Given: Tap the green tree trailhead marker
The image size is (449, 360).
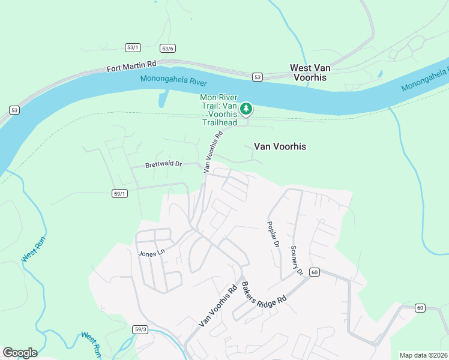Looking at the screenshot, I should (246, 109).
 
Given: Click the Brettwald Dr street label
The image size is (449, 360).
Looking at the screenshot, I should (163, 164).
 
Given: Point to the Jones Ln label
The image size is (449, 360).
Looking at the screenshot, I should (151, 254).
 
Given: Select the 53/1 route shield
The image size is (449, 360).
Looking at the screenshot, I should (133, 47).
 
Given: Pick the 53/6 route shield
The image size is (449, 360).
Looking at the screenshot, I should (167, 49).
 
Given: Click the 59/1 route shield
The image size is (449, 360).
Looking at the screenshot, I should (120, 193).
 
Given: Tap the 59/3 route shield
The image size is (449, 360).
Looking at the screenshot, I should (140, 329).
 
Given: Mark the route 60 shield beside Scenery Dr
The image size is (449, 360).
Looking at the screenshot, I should (314, 272).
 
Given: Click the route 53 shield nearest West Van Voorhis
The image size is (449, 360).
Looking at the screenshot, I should (258, 77).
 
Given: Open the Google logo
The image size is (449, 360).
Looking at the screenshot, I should (20, 352).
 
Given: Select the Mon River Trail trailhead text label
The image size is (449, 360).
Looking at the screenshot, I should (219, 110).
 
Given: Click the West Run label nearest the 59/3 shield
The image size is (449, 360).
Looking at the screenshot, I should (90, 344).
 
